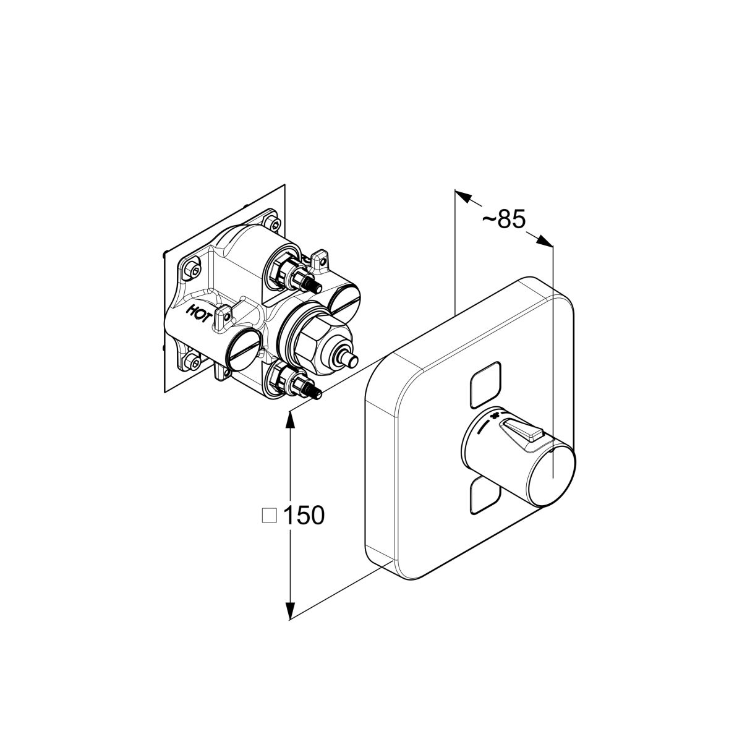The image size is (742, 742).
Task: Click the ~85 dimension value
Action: point(504,220)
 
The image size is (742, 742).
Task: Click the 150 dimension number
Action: point(304,515)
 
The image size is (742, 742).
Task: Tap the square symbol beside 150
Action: point(269,516)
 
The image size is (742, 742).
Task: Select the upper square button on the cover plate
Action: point(485,384)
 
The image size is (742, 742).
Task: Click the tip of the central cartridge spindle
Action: point(352,360)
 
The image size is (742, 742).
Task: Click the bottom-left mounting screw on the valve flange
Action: point(192,362)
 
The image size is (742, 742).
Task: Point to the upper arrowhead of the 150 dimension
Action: point(291,419)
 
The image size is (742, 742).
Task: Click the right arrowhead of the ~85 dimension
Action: point(545,241)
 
